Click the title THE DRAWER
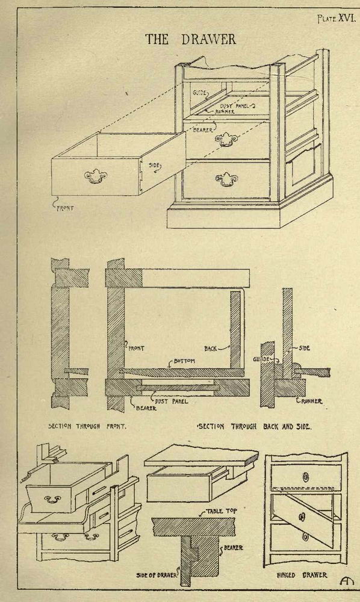tap(190, 39)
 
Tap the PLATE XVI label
tap(335, 19)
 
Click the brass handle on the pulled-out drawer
tap(95, 176)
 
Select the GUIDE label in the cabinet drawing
tap(200, 93)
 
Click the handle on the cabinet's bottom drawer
tap(226, 179)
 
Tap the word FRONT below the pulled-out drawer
tap(65, 208)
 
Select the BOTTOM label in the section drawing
tap(184, 361)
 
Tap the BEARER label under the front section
tap(146, 409)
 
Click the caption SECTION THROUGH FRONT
tap(87, 426)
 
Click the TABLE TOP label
tap(222, 511)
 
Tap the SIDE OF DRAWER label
tap(157, 575)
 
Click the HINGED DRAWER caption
tap(302, 575)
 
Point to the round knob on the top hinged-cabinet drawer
tap(306, 477)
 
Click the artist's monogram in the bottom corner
tap(344, 581)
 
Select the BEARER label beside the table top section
tap(233, 548)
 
